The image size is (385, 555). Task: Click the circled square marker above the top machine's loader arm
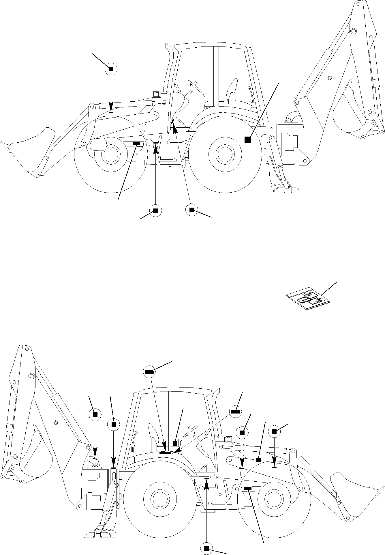click(x=111, y=69)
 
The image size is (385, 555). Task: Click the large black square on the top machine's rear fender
click(x=247, y=139)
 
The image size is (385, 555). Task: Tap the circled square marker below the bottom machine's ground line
click(x=206, y=549)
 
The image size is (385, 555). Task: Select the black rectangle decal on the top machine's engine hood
click(x=136, y=144)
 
